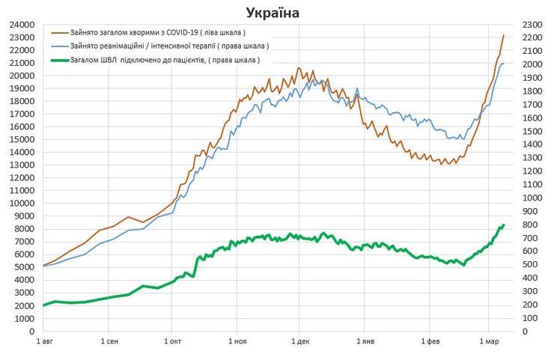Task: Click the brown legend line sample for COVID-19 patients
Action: point(59,33)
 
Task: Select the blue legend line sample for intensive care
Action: point(59,46)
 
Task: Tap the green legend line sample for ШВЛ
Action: point(59,59)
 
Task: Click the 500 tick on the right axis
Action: point(530,264)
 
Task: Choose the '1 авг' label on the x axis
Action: point(43,343)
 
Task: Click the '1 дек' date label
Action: point(300,343)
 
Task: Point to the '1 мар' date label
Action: point(488,343)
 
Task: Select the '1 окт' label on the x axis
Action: point(171,343)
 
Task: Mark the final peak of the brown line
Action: point(503,35)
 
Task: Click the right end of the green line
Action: point(504,225)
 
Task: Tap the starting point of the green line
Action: point(44,305)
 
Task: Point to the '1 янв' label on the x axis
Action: point(364,343)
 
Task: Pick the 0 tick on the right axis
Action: point(525,331)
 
